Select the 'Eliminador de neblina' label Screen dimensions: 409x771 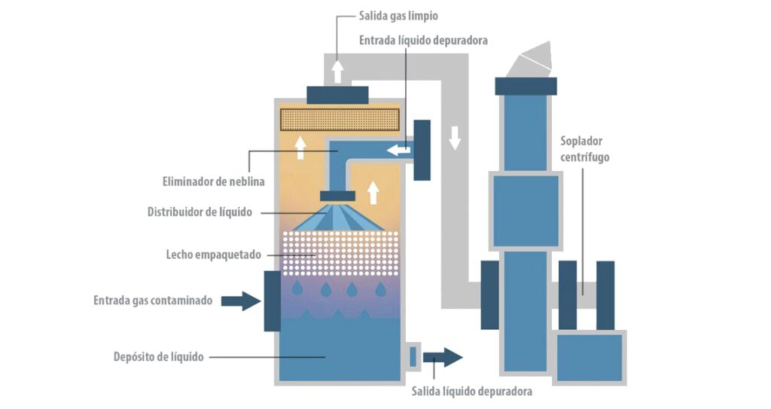[213, 182]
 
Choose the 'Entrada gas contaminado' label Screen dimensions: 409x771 [153, 300]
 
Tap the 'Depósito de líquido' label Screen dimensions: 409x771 [158, 356]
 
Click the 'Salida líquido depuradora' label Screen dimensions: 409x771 [472, 392]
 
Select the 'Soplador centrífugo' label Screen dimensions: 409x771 [584, 149]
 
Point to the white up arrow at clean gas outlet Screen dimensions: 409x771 [338, 71]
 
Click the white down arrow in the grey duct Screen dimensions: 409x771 [454, 138]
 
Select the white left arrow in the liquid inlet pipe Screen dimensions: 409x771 [399, 151]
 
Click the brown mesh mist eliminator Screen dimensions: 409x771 [339, 119]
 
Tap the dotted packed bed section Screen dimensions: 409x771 [338, 253]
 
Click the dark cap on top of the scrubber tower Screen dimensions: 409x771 [338, 95]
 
